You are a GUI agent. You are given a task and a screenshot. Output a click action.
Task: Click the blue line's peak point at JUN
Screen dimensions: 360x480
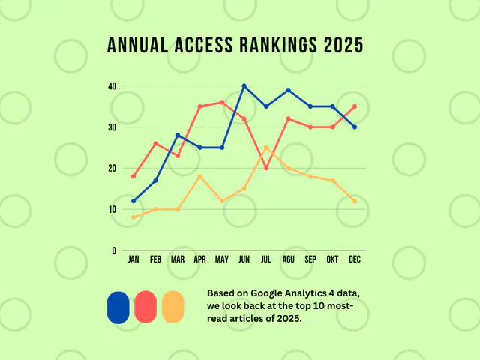click(x=244, y=86)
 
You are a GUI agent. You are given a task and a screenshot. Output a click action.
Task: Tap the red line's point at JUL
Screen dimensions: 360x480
click(x=266, y=168)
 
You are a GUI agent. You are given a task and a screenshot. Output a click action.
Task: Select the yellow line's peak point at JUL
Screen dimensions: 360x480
click(x=266, y=148)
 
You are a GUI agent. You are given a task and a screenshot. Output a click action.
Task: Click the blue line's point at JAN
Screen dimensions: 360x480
click(x=133, y=201)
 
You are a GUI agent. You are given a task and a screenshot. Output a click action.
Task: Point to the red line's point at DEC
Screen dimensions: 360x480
click(x=355, y=106)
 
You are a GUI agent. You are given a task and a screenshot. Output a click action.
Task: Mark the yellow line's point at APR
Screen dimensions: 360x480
click(x=199, y=176)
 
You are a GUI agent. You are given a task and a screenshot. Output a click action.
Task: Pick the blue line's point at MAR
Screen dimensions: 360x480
click(x=178, y=135)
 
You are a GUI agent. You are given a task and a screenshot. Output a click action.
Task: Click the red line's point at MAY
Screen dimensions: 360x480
click(x=222, y=103)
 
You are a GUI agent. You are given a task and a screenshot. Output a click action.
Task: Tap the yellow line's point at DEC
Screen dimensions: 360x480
click(x=355, y=201)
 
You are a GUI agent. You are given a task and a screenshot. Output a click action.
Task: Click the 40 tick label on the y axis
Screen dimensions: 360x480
click(x=112, y=86)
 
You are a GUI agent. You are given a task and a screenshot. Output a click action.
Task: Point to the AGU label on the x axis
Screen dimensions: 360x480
click(x=289, y=259)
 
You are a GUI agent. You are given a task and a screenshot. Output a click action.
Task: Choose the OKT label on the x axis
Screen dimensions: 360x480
click(x=333, y=259)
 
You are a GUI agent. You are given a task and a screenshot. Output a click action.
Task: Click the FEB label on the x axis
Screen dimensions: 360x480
click(x=155, y=259)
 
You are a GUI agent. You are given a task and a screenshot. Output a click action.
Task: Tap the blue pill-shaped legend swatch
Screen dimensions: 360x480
click(x=118, y=307)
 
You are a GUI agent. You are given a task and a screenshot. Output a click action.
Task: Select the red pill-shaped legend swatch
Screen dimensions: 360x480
click(x=145, y=307)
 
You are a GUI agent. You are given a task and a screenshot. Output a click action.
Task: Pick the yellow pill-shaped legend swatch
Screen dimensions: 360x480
click(x=172, y=307)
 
